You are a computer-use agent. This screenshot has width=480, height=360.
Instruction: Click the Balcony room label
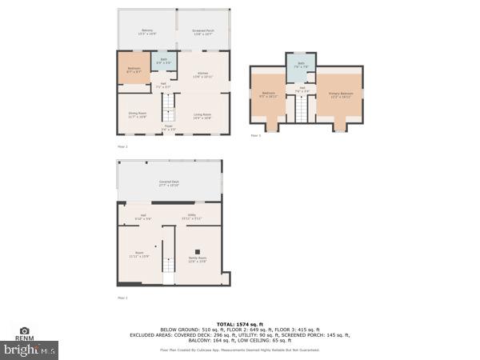(x=146, y=33)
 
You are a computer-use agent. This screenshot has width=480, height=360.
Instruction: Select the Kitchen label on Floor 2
(x=203, y=75)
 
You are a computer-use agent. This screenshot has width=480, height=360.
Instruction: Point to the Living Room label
(x=202, y=115)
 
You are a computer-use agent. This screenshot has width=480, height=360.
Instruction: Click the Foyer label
(x=169, y=126)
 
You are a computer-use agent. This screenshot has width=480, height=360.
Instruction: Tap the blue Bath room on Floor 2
(x=163, y=61)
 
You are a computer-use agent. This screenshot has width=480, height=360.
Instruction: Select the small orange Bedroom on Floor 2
(x=134, y=70)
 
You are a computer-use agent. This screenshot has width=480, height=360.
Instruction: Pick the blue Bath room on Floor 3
(x=301, y=66)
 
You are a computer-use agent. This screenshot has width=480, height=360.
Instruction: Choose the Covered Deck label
(x=168, y=184)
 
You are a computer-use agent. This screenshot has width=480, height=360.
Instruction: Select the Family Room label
(x=197, y=259)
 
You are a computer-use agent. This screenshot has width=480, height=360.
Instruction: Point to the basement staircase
(x=169, y=269)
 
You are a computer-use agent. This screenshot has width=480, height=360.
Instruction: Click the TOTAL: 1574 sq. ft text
(x=239, y=324)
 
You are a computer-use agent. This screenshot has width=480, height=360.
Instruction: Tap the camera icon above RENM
(x=25, y=330)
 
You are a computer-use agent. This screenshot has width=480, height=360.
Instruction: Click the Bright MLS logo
(x=30, y=350)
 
